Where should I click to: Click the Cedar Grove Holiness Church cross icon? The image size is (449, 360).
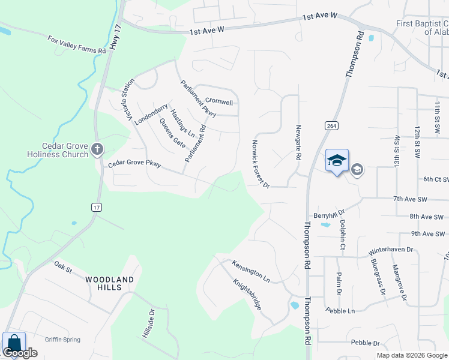click(97, 148)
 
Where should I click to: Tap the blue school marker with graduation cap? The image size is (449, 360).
click(337, 160)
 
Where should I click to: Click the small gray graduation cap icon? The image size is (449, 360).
click(357, 170)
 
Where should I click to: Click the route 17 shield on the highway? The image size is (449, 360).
click(96, 207)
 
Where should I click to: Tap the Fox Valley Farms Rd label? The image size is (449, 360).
click(77, 45)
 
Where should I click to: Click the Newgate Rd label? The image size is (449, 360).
click(298, 143)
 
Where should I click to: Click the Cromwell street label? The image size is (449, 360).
click(218, 101)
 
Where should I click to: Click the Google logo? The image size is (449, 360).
click(20, 353)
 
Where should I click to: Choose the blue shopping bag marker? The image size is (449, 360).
click(14, 344)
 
